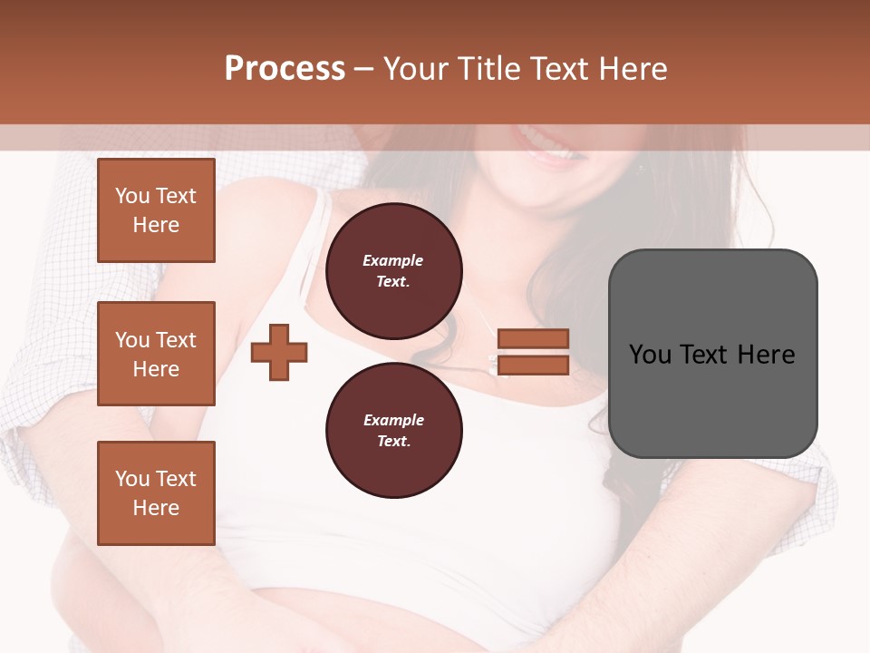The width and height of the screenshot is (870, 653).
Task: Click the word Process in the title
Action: click(285, 69)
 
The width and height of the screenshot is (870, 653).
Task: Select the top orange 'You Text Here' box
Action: click(156, 210)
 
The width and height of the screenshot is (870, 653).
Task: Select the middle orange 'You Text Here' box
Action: click(156, 354)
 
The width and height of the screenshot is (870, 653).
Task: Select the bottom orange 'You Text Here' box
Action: click(156, 493)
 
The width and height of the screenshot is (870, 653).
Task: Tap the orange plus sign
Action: click(279, 352)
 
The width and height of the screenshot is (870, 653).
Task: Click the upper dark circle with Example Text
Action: click(393, 271)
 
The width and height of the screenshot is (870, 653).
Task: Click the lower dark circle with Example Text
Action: click(393, 431)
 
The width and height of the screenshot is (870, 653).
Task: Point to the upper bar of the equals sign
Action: click(533, 339)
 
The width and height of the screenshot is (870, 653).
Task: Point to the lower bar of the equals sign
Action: click(533, 365)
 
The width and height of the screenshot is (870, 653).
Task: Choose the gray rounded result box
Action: click(712, 354)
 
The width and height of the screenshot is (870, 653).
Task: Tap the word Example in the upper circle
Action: click(393, 261)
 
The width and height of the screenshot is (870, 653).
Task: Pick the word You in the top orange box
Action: click(131, 196)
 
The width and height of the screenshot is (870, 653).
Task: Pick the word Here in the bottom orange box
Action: click(156, 508)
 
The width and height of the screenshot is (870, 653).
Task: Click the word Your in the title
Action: click(417, 69)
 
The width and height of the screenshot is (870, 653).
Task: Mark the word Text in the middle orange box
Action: click(175, 340)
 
